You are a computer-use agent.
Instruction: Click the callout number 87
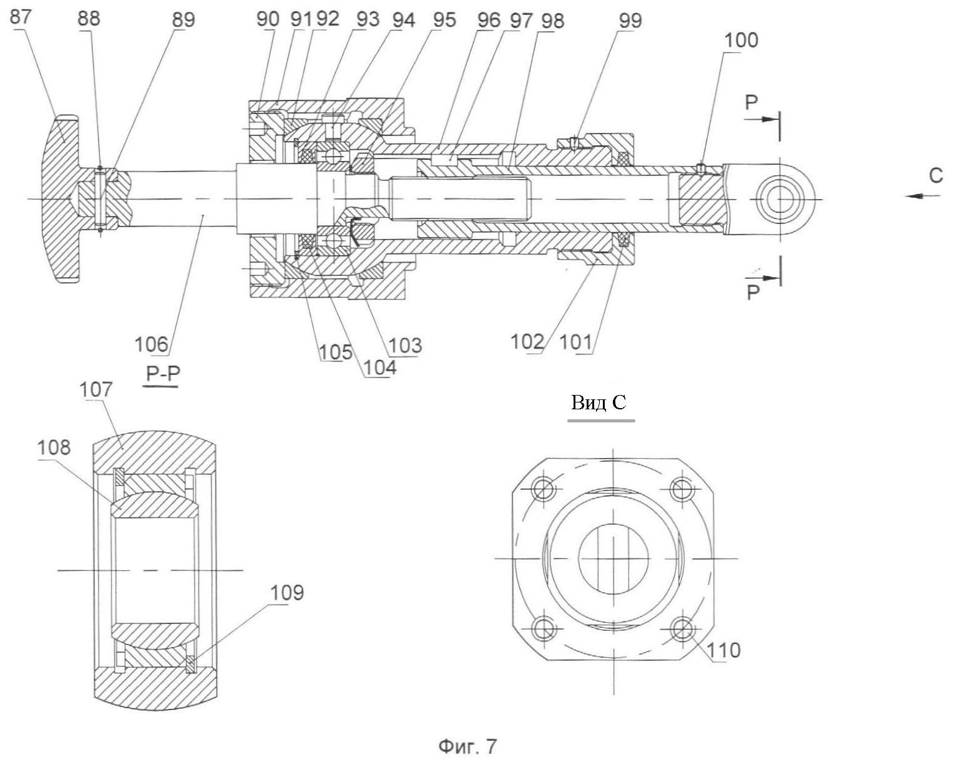[x=20, y=17]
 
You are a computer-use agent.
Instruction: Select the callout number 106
[x=152, y=344]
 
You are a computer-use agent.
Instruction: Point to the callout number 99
[x=630, y=21]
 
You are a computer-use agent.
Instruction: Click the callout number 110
[x=725, y=650]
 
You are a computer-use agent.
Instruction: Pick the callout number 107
[x=95, y=389]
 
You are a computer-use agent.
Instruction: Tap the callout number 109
[x=286, y=592]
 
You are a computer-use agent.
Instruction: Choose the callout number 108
[x=54, y=447]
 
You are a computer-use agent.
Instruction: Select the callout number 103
[x=405, y=345]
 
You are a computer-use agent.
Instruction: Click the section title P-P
[x=162, y=374]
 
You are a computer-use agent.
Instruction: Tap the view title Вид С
[x=599, y=403]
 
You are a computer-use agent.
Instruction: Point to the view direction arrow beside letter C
[x=923, y=196]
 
